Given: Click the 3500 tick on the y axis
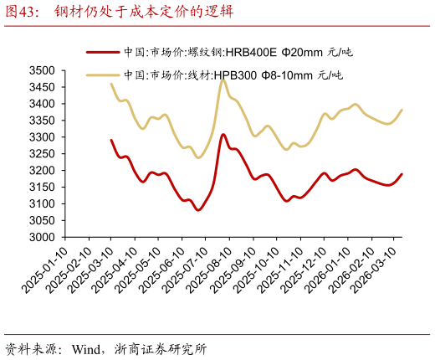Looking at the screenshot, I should tap(42, 70).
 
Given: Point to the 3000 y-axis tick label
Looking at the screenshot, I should tap(42, 237).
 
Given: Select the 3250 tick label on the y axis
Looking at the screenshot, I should tap(42, 154).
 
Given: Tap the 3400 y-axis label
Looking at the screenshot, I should tap(42, 104).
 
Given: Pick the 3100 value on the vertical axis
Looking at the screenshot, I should tap(42, 203).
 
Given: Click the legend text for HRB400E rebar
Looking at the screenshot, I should tap(238, 52).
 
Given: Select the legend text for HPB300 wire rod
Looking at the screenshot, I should tap(233, 75).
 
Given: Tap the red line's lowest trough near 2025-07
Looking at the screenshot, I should tap(198, 210).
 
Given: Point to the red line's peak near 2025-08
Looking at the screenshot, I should tap(223, 134).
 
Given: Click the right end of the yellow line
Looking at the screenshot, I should tap(402, 110).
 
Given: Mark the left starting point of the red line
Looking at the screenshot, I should tap(111, 140).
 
